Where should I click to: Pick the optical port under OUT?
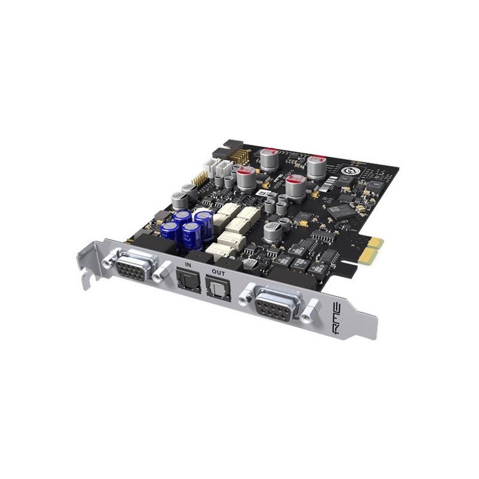click(x=213, y=288)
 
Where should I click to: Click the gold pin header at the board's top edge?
click(x=241, y=154)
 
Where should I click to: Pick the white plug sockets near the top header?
click(x=216, y=168)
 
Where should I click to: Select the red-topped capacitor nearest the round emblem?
click(x=316, y=165)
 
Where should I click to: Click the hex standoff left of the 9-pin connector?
click(x=245, y=294)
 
